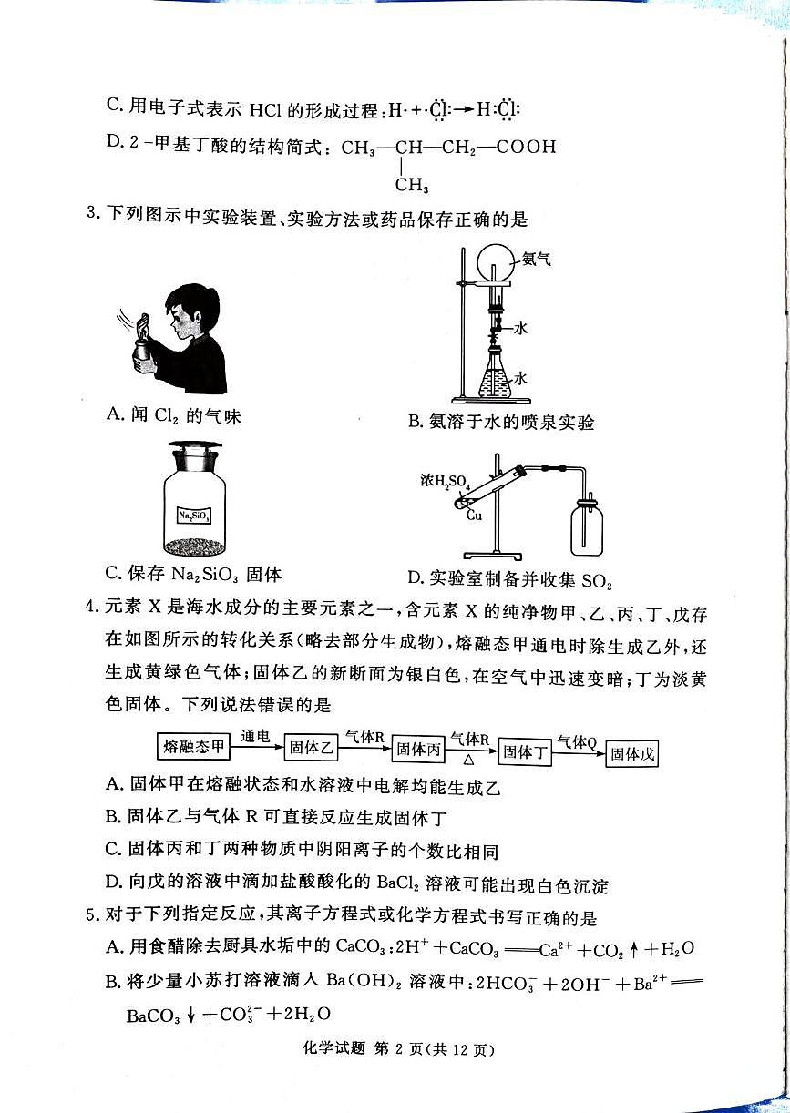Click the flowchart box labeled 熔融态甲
tap(193, 748)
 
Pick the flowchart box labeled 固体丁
tap(528, 752)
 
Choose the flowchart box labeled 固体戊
tap(633, 754)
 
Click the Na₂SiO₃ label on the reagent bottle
tap(194, 516)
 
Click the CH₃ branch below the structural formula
tap(412, 187)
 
